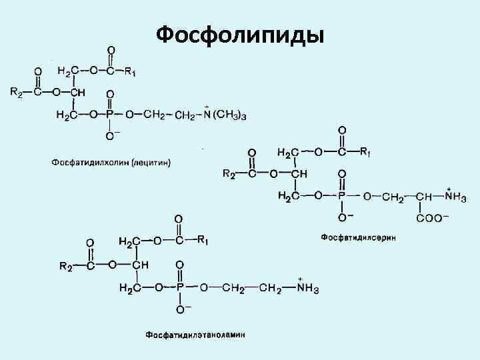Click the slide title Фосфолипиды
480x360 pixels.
point(240,33)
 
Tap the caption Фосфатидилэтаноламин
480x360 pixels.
point(195,334)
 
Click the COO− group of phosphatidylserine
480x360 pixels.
point(433,217)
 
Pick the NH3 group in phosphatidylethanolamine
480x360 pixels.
point(308,289)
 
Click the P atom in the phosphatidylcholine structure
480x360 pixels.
point(110,115)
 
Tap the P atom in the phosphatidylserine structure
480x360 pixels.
point(342,196)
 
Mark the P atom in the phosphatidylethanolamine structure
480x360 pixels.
point(179,288)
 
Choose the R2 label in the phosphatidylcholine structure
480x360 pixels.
point(16,93)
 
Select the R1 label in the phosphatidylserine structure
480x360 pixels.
point(365,152)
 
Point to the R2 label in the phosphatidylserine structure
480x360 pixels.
point(229,174)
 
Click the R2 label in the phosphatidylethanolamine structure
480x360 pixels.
point(67,267)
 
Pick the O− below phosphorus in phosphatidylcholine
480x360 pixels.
point(112,136)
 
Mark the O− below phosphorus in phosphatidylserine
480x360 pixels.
point(345,217)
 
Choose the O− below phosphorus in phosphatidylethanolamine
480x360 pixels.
point(181,309)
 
